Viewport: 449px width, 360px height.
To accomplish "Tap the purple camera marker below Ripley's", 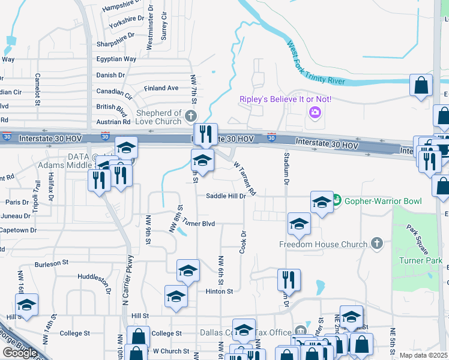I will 314,112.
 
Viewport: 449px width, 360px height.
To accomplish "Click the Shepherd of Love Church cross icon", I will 191,116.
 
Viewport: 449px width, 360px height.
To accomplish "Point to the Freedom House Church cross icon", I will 376,244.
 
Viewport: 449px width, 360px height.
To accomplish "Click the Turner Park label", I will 420,260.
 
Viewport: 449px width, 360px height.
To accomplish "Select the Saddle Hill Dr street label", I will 226,196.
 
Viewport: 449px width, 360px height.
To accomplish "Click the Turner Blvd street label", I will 199,223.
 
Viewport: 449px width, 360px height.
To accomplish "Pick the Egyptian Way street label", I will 116,59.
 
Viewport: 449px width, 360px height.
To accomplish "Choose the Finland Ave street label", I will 161,88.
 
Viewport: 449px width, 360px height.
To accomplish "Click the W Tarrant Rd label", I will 245,178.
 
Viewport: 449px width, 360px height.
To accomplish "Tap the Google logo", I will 20,352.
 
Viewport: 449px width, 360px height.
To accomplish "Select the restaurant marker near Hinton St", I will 289,280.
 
